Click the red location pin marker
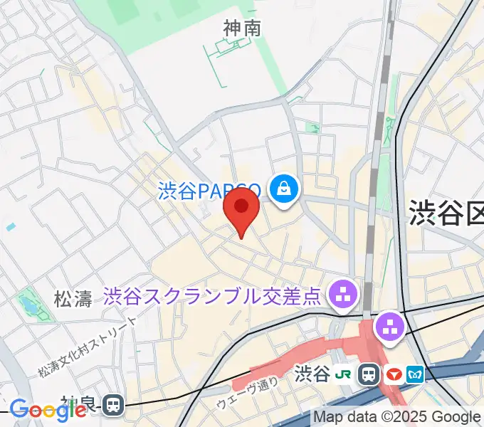pos(241,208)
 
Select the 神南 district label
pos(242,28)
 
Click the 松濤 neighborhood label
pos(73,298)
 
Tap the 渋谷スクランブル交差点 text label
pos(212,295)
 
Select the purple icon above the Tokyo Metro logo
pos(390,327)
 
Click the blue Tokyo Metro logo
pos(415,373)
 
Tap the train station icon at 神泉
pos(112,406)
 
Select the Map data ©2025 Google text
pos(397,417)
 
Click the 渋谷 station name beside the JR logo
pos(312,373)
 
